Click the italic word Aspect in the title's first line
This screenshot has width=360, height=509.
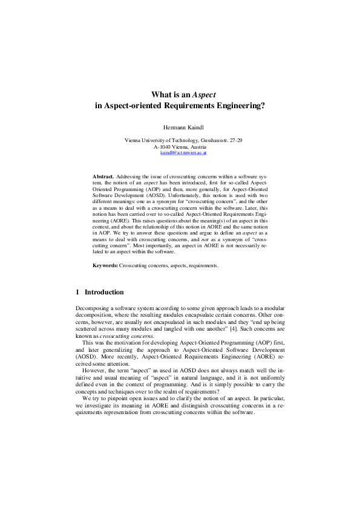tap(204, 94)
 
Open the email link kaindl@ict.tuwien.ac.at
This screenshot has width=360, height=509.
tap(183, 153)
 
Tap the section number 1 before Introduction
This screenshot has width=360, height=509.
tap(77, 292)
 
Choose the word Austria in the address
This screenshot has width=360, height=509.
tap(198, 147)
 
